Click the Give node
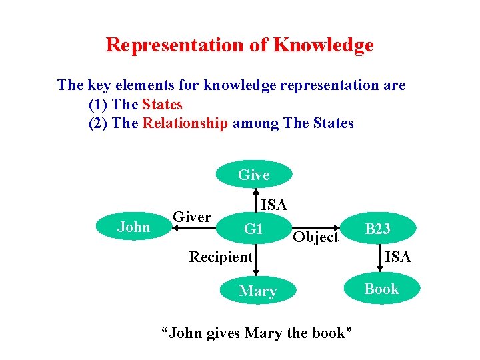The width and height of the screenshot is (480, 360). click(254, 175)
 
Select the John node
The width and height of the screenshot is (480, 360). click(134, 227)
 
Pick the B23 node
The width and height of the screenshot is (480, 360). click(378, 229)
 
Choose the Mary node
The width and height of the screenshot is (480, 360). click(257, 291)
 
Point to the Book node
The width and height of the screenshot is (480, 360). click(381, 289)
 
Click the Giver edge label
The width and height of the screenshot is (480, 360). click(192, 217)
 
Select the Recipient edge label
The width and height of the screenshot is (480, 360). click(221, 257)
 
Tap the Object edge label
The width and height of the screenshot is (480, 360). click(316, 237)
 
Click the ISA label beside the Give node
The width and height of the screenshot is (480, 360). click(273, 205)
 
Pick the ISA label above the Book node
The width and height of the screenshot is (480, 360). click(398, 257)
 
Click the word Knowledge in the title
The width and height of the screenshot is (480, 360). click(323, 45)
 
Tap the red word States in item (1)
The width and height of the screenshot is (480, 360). click(162, 105)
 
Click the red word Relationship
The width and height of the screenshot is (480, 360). click(185, 123)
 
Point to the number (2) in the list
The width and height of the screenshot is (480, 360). click(99, 123)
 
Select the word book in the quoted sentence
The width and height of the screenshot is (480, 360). click(328, 332)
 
